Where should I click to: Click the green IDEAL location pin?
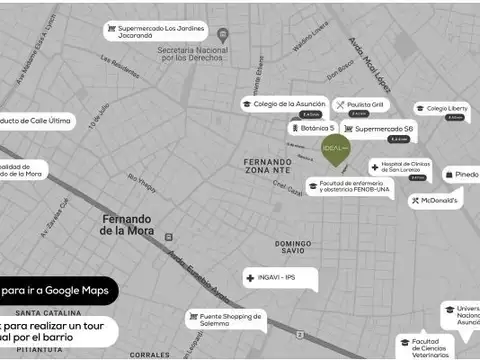click(x=336, y=150)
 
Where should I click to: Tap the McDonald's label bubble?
click(x=435, y=200)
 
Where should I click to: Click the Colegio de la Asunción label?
click(x=284, y=103)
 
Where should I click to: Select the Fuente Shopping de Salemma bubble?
click(x=226, y=319)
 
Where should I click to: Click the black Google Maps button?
click(x=58, y=290)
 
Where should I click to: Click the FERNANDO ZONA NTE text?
click(x=267, y=166)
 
